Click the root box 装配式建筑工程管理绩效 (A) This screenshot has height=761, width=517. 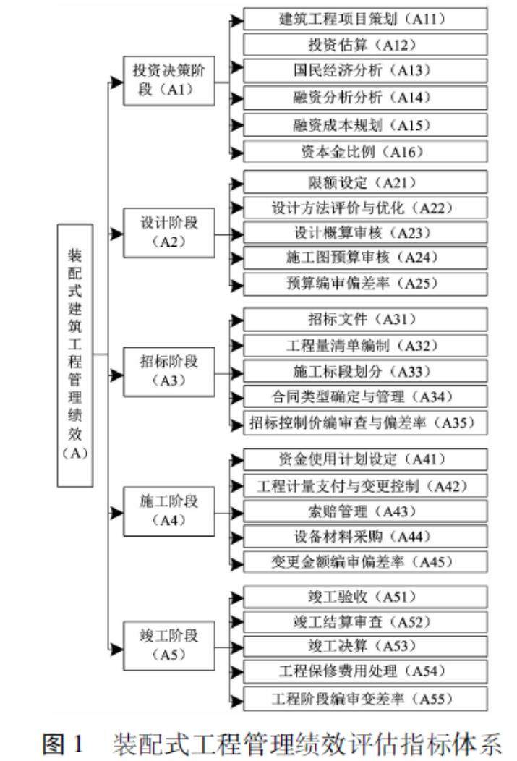pyautogui.click(x=75, y=354)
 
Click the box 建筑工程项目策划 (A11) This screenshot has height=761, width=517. pyautogui.click(x=365, y=17)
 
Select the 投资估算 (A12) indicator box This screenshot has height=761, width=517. pyautogui.click(x=365, y=44)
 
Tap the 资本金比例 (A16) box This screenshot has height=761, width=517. pyautogui.click(x=365, y=152)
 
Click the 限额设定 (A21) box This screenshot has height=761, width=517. pyautogui.click(x=365, y=181)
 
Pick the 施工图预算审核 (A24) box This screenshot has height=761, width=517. pyautogui.click(x=365, y=258)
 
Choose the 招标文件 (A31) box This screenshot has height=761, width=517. pyautogui.click(x=365, y=318)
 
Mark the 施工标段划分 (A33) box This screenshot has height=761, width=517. pyautogui.click(x=365, y=372)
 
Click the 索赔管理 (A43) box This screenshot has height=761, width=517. pyautogui.click(x=365, y=511)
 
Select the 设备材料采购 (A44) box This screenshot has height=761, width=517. pyautogui.click(x=365, y=536)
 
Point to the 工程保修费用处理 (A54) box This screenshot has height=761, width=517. pyautogui.click(x=365, y=671)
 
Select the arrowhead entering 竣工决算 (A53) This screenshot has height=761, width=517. pyautogui.click(x=236, y=646)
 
